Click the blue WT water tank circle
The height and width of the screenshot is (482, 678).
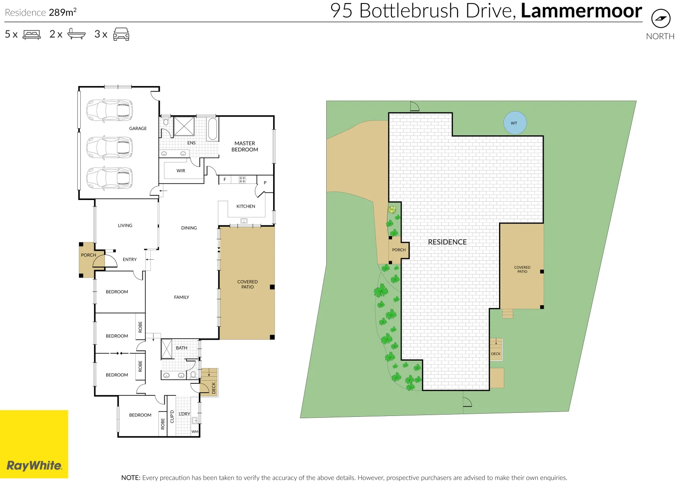pos(515,123)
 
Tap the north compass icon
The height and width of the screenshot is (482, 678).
pos(661,19)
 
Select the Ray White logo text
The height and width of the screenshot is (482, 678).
pos(34,465)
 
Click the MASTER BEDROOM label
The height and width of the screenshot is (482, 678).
pos(245,146)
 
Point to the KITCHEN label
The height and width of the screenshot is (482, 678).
pos(245,206)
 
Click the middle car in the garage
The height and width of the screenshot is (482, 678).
pos(109,148)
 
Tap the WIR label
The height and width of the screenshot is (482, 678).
pos(181,170)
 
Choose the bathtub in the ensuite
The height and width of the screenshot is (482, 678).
pos(212,129)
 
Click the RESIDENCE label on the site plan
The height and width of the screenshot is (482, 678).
pos(447,242)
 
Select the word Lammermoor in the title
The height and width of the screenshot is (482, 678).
pos(581,11)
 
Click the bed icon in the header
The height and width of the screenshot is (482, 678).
pos(32,34)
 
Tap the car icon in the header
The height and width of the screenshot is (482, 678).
pos(121,34)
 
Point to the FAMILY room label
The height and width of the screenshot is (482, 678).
pos(181,297)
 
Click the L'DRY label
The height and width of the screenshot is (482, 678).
pos(184,414)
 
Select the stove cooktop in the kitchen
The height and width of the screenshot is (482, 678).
pos(242,179)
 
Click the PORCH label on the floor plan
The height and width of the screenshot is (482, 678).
pos(88,255)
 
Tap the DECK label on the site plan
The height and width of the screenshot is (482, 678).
pos(496,354)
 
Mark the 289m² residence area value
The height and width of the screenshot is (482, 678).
pos(62,12)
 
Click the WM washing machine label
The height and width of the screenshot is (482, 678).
pos(195,432)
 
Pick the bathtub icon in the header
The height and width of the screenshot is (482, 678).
pos(76,34)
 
